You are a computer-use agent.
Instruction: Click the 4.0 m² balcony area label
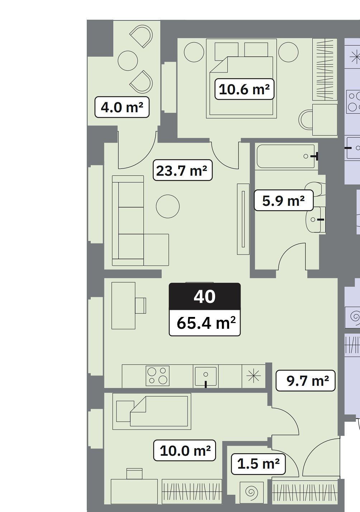click(122, 107)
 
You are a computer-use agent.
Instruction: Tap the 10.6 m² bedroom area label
click(244, 89)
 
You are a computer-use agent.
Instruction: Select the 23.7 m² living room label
click(183, 170)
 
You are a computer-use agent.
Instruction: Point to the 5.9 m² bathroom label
click(284, 200)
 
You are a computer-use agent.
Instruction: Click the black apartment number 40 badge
click(205, 297)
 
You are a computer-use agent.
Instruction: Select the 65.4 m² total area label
click(205, 323)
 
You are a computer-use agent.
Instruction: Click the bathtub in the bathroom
click(286, 157)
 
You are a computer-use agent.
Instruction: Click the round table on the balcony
click(128, 61)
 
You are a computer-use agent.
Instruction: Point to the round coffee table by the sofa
click(168, 207)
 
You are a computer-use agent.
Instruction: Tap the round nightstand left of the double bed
click(194, 52)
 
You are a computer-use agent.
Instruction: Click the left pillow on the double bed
click(227, 50)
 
